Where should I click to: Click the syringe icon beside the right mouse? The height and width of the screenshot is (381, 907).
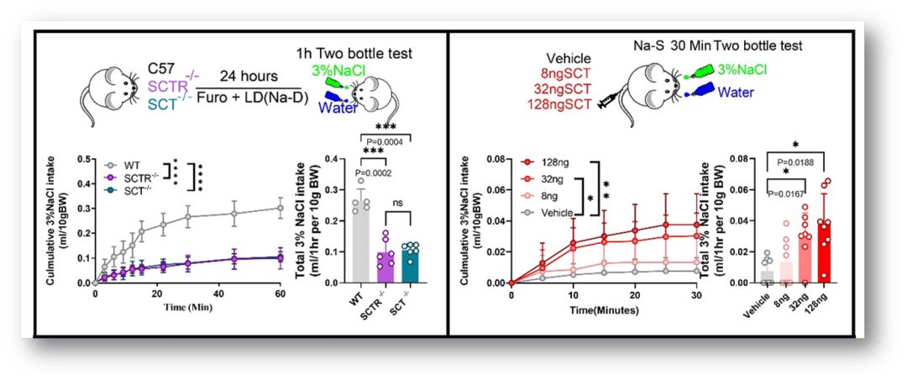(x=604, y=105)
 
